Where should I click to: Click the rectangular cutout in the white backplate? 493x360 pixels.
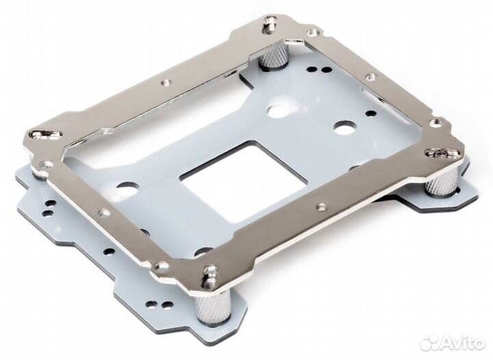coord(243,180)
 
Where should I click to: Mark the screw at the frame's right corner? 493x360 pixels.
coord(442,153)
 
